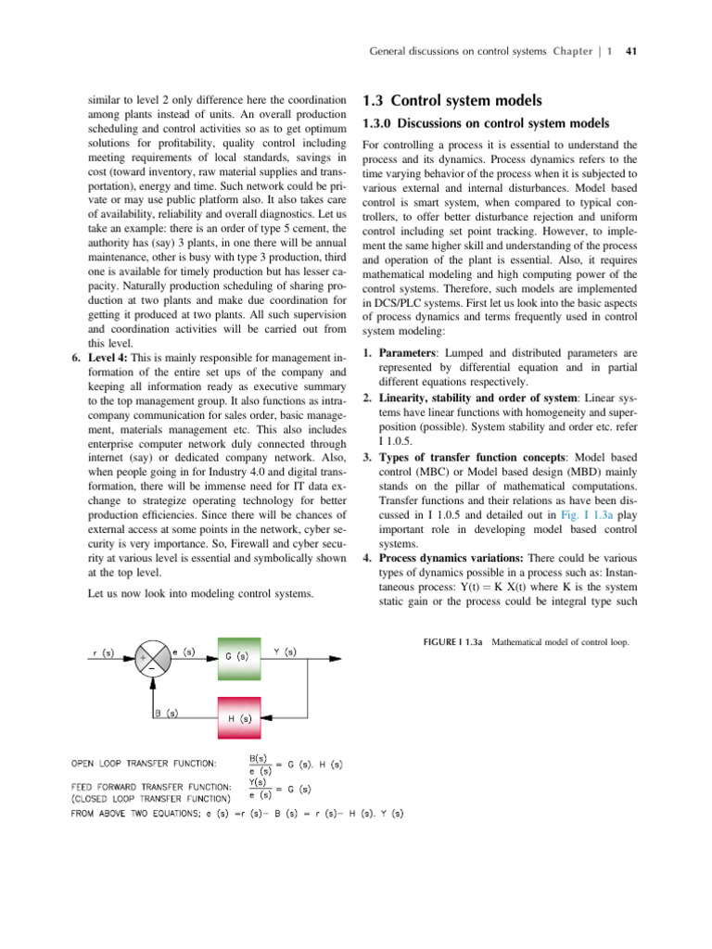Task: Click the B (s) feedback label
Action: (x=167, y=713)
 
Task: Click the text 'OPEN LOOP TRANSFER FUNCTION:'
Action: (x=145, y=764)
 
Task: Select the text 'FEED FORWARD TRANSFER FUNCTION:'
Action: (x=145, y=787)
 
